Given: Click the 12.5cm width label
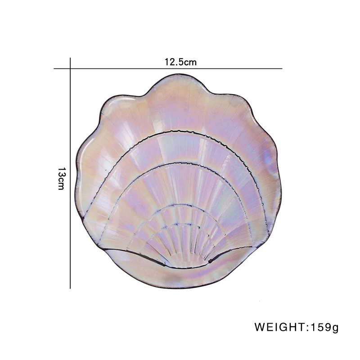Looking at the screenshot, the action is [180, 62].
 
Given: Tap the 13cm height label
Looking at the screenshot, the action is [61, 178].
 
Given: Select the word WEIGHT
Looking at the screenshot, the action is [280, 327].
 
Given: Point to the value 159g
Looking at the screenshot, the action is [324, 328].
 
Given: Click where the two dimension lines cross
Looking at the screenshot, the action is [70, 68].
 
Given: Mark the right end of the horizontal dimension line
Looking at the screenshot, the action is [282, 68].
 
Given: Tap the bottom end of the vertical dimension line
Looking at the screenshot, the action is [70, 288].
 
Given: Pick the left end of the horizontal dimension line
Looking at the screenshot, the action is [54, 68].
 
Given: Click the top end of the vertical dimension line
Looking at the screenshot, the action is [70, 58].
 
